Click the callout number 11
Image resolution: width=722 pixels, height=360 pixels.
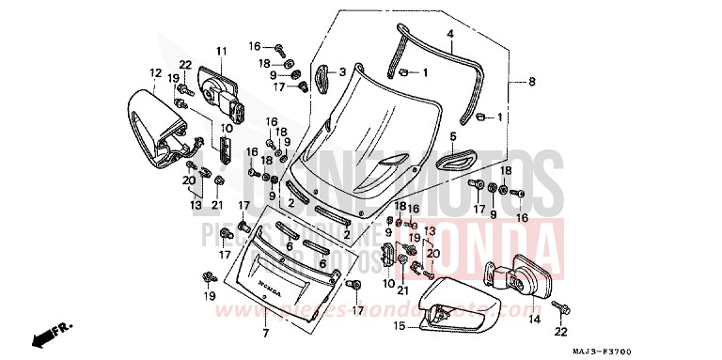[x=222, y=50]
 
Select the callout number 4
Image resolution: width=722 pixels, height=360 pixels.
[x=450, y=33]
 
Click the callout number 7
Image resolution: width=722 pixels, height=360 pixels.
[x=265, y=334]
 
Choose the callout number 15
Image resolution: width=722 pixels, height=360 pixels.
[x=399, y=326]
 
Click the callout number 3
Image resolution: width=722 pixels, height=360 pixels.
[x=342, y=71]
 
